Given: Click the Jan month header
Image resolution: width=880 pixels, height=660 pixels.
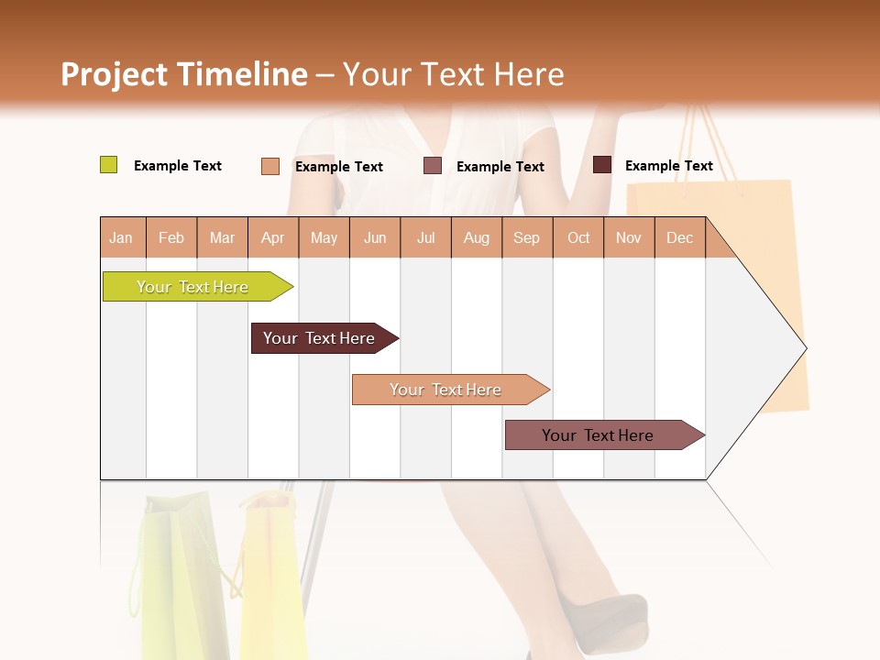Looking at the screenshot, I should [122, 237].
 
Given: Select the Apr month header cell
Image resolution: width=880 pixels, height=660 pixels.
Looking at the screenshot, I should [273, 237].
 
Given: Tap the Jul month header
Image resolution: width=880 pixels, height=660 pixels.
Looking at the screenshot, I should [425, 237].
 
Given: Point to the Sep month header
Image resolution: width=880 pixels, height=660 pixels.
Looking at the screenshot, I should [526, 237].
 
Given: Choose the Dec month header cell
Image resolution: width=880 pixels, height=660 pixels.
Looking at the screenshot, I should [679, 237].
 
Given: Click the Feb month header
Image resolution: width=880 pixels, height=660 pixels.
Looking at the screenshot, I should [171, 237].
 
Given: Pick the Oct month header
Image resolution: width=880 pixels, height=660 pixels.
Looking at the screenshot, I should [578, 237].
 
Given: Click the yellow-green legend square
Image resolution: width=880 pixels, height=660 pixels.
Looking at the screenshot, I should [109, 165].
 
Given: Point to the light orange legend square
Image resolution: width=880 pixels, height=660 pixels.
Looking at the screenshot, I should [270, 166].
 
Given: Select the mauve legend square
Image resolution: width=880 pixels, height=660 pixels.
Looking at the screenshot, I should [433, 166].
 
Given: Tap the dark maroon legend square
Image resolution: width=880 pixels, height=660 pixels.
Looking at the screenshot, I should [602, 165].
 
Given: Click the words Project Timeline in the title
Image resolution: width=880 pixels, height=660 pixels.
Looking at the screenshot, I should [183, 74].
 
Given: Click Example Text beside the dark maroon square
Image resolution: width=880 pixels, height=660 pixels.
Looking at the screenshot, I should [668, 166].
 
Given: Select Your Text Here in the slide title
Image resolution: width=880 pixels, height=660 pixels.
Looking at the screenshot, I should [453, 74].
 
